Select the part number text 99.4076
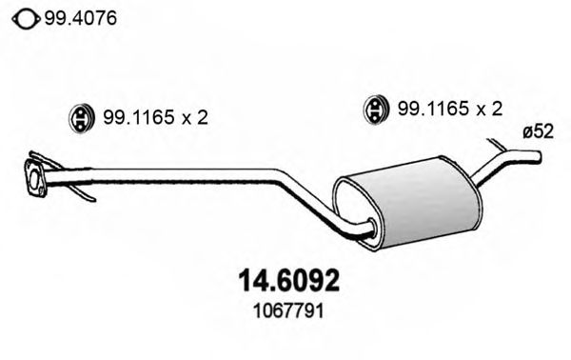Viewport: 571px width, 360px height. (78, 16)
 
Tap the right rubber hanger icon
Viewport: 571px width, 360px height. (376, 110)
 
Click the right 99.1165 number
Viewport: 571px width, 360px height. (432, 110)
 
